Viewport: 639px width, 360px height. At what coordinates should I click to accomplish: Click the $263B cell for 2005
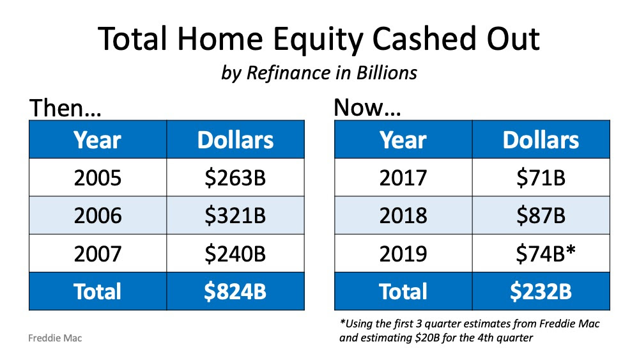[x=235, y=178]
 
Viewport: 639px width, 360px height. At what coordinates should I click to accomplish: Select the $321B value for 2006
[x=235, y=215]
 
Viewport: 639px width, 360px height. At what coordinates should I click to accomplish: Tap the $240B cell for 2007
[x=235, y=253]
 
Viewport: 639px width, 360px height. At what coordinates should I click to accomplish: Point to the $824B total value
[x=235, y=291]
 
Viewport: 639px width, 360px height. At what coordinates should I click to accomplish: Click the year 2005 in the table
[x=98, y=178]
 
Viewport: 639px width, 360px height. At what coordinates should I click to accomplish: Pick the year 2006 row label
[x=98, y=215]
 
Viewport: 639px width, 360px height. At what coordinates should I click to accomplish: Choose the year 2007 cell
[x=98, y=253]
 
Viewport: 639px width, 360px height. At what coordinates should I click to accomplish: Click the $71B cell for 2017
[x=541, y=178]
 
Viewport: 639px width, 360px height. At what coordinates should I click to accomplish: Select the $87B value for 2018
[x=541, y=215]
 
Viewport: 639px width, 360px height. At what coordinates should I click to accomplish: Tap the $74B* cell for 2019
[x=545, y=253]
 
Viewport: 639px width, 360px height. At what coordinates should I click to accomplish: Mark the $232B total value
[x=541, y=291]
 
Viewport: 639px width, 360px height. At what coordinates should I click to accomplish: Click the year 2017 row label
[x=403, y=178]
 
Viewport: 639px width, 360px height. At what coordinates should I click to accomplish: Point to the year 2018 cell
[x=403, y=215]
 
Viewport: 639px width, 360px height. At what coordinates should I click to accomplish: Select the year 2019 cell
[x=403, y=253]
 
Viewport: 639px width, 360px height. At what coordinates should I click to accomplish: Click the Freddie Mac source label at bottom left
[x=56, y=338]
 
